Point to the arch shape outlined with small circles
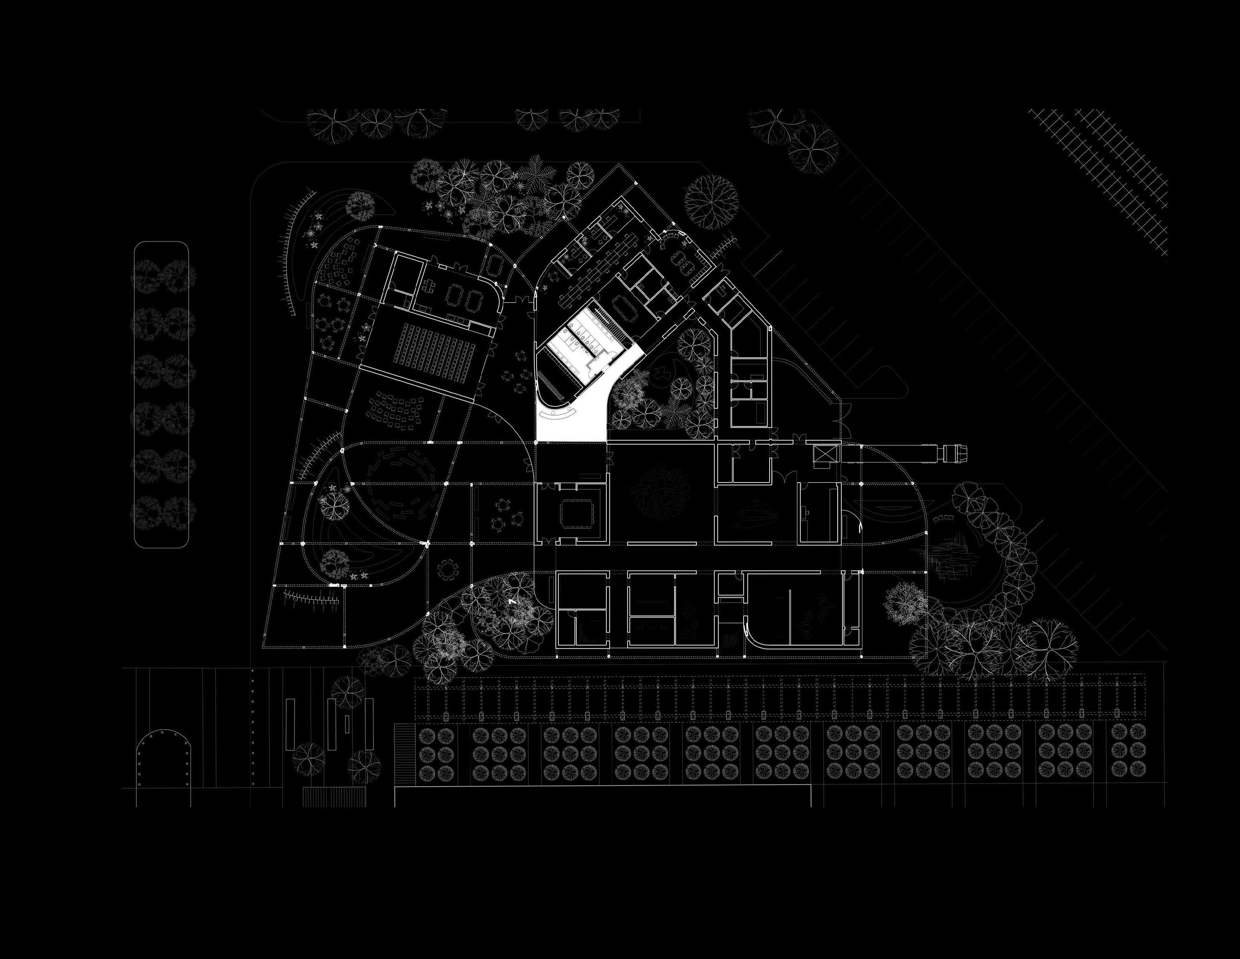163,760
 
